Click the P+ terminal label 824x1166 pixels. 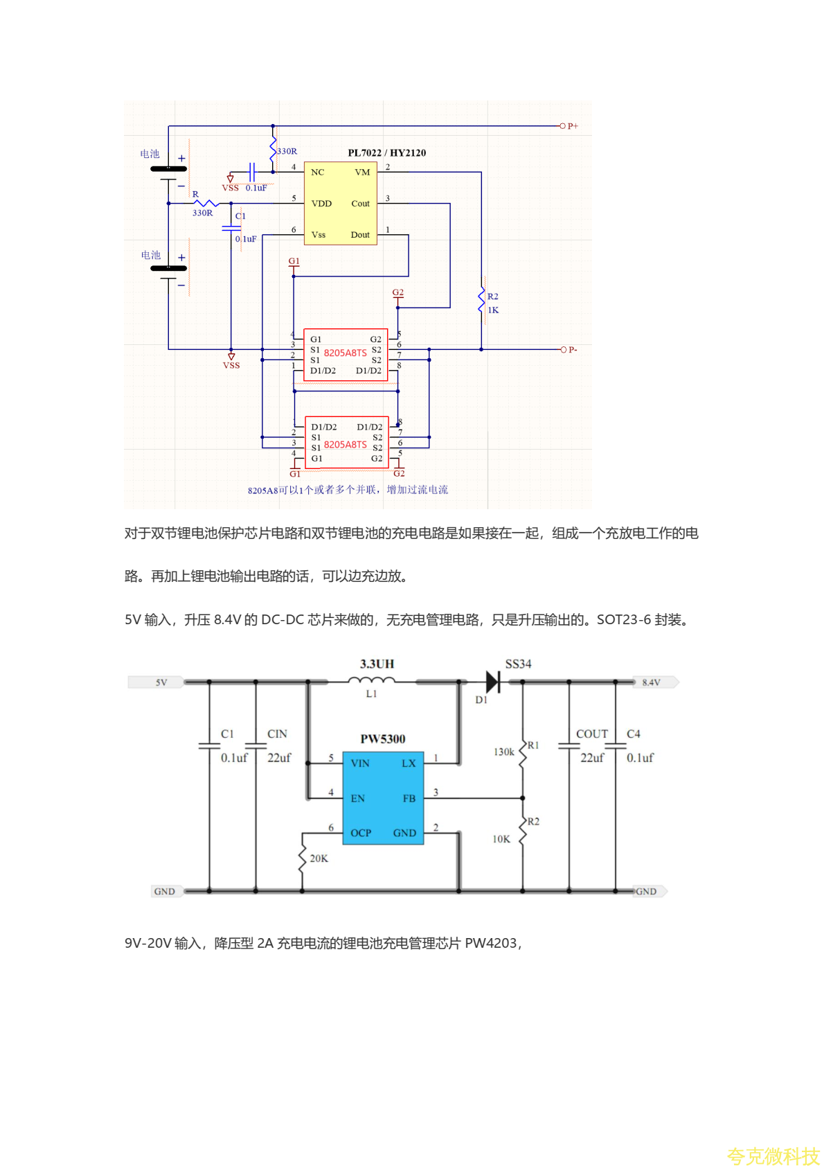[x=573, y=126]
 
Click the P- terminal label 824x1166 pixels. [x=573, y=350]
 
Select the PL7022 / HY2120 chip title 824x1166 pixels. [x=386, y=153]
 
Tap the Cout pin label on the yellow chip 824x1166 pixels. [x=360, y=204]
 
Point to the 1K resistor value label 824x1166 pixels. [x=493, y=310]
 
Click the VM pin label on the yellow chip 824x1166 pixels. [x=362, y=173]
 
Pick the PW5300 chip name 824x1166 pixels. [x=383, y=739]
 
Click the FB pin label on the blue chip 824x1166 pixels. [x=409, y=799]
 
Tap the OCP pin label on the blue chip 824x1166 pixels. [x=361, y=833]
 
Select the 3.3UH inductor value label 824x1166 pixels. [x=377, y=664]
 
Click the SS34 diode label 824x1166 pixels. [x=518, y=664]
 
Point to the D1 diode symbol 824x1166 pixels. [x=493, y=682]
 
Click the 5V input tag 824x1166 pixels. [x=161, y=682]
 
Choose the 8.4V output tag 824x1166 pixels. [x=651, y=682]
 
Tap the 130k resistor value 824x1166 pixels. [x=503, y=752]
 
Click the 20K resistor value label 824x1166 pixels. [x=319, y=858]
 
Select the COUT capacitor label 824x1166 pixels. [x=592, y=734]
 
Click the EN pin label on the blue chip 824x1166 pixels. [x=357, y=799]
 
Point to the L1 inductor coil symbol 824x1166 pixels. [x=371, y=681]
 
